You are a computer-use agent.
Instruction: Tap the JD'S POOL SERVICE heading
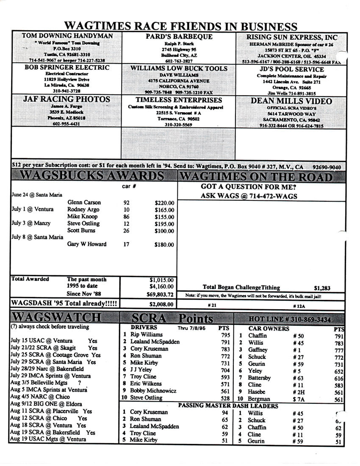pyautogui.click(x=292, y=69)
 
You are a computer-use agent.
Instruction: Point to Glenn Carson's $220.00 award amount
pyautogui.click(x=164, y=202)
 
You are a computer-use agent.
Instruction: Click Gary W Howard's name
pyautogui.click(x=87, y=244)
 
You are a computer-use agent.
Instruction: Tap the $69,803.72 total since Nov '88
pyautogui.click(x=161, y=294)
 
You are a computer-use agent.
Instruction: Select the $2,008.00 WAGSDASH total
pyautogui.click(x=161, y=304)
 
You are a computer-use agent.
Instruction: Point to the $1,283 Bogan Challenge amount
pyautogui.click(x=322, y=288)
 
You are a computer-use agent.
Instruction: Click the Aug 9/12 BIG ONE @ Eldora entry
pyautogui.click(x=46, y=404)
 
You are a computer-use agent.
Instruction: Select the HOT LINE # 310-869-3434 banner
pyautogui.click(x=290, y=319)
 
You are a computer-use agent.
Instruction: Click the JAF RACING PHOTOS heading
pyautogui.click(x=61, y=99)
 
